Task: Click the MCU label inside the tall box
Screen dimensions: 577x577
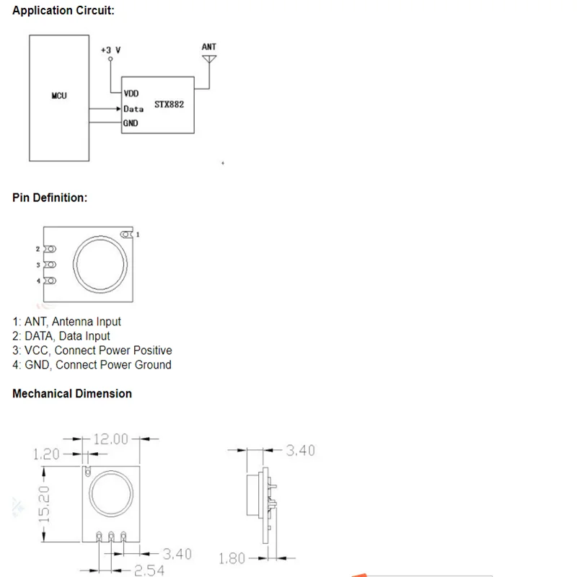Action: tap(59, 96)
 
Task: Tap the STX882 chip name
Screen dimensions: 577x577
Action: tap(169, 105)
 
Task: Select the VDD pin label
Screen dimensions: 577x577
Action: tap(131, 94)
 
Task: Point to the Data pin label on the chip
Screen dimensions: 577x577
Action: tap(133, 109)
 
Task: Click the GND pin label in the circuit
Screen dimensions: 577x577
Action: tap(131, 123)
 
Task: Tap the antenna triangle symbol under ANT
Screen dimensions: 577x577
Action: tap(209, 59)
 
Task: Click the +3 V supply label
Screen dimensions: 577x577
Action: tap(111, 50)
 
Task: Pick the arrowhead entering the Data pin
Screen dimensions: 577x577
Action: tap(118, 109)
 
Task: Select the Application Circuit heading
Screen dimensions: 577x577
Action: tap(63, 10)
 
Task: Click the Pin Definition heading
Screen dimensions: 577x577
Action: tap(50, 198)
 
